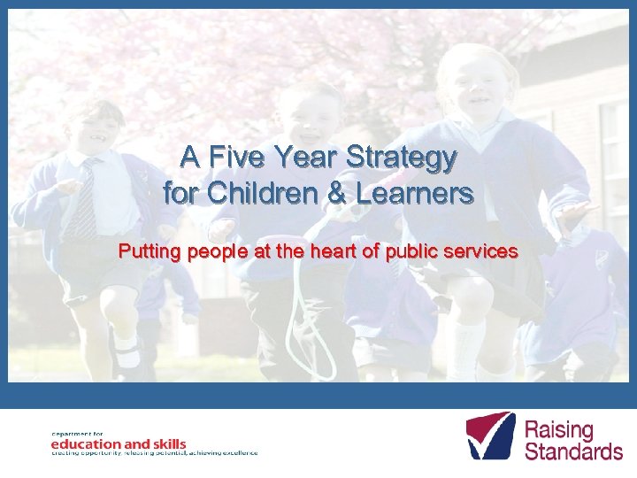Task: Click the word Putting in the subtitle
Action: (149, 251)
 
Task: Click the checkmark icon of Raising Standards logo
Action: (490, 435)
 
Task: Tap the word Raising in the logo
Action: (559, 430)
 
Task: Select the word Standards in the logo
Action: (573, 451)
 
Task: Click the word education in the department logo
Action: (86, 443)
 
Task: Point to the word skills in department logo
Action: (166, 443)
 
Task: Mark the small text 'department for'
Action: (72, 432)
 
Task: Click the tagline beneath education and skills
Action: (154, 452)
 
